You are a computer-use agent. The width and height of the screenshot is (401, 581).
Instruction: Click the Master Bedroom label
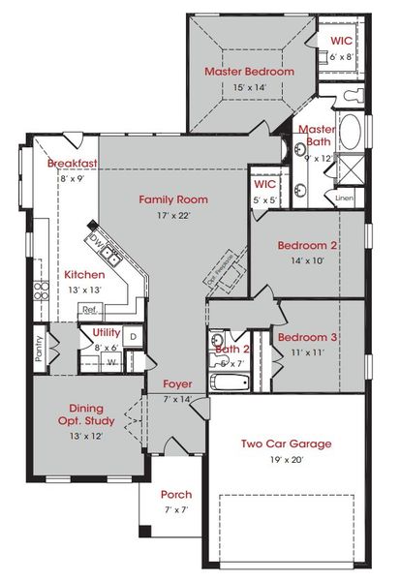[248, 72]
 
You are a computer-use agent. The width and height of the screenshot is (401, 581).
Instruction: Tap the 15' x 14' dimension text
[249, 88]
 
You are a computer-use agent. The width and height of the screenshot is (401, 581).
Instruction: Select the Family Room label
[173, 199]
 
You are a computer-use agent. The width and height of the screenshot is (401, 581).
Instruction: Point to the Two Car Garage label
[286, 443]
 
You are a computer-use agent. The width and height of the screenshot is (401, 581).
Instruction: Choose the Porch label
[175, 494]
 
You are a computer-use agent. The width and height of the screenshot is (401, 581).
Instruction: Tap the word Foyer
[177, 383]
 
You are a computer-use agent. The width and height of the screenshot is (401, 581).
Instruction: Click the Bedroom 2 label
[307, 245]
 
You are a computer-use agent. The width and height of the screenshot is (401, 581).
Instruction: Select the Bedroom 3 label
[306, 337]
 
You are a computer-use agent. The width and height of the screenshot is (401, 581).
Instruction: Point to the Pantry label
[39, 347]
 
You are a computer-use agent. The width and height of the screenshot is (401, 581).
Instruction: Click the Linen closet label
[345, 199]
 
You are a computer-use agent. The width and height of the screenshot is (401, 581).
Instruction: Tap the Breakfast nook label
[74, 164]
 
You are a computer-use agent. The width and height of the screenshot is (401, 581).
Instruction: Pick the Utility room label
[107, 333]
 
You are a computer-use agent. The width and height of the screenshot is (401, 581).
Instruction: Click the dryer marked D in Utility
[133, 336]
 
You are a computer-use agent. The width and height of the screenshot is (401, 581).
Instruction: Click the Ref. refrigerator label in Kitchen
[89, 310]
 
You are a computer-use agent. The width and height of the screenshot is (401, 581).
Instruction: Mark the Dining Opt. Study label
[86, 415]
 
